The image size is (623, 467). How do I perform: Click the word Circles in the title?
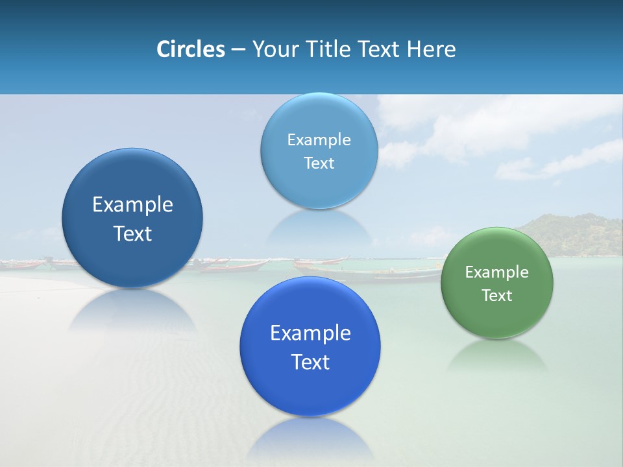[x=190, y=49]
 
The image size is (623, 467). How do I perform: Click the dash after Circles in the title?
[x=238, y=50]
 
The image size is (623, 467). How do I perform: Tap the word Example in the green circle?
[x=497, y=272]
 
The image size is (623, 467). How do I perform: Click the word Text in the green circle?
[x=497, y=296]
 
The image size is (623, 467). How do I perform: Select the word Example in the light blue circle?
[x=319, y=140]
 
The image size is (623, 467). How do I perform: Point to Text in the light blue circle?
[x=319, y=163]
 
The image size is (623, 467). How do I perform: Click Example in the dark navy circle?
[x=132, y=205]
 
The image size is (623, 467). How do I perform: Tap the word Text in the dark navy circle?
[x=132, y=233]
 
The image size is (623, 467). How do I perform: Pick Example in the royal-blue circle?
[x=310, y=333]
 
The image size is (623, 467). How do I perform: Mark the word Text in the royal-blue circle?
[x=310, y=362]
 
